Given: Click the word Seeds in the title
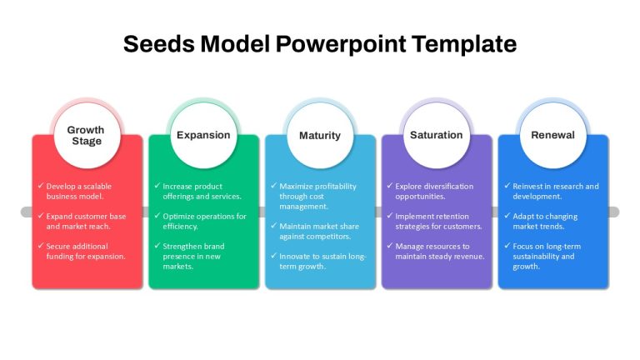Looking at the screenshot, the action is click(159, 43).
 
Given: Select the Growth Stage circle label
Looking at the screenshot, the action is click(86, 135).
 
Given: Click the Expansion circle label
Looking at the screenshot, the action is click(203, 135).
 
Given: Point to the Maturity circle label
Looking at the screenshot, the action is click(320, 136).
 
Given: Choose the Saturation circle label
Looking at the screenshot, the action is click(437, 135).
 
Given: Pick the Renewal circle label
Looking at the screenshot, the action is click(552, 135).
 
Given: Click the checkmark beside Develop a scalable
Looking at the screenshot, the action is click(41, 186).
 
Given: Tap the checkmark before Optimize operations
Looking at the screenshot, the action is click(157, 216).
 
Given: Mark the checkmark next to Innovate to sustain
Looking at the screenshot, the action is click(274, 256).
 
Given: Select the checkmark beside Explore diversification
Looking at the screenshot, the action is click(390, 186).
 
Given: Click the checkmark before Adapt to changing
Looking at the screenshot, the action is click(507, 216).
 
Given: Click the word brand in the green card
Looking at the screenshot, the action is click(214, 246).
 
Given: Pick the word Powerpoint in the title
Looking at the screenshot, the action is click(341, 43).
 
